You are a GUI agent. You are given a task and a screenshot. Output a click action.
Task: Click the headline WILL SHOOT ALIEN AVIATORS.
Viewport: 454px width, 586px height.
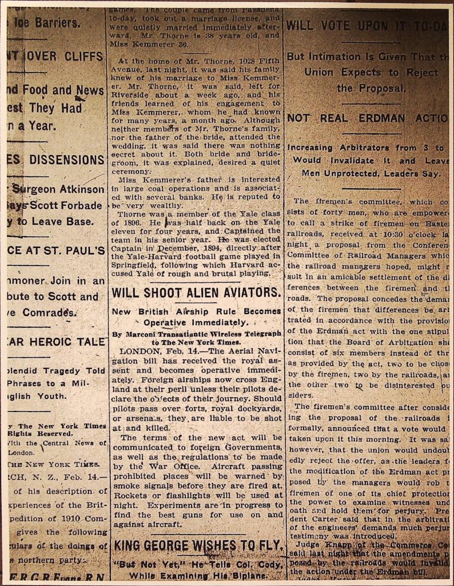coord(197,292)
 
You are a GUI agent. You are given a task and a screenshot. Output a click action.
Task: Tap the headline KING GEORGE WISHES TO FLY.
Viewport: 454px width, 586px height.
coord(198,545)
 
